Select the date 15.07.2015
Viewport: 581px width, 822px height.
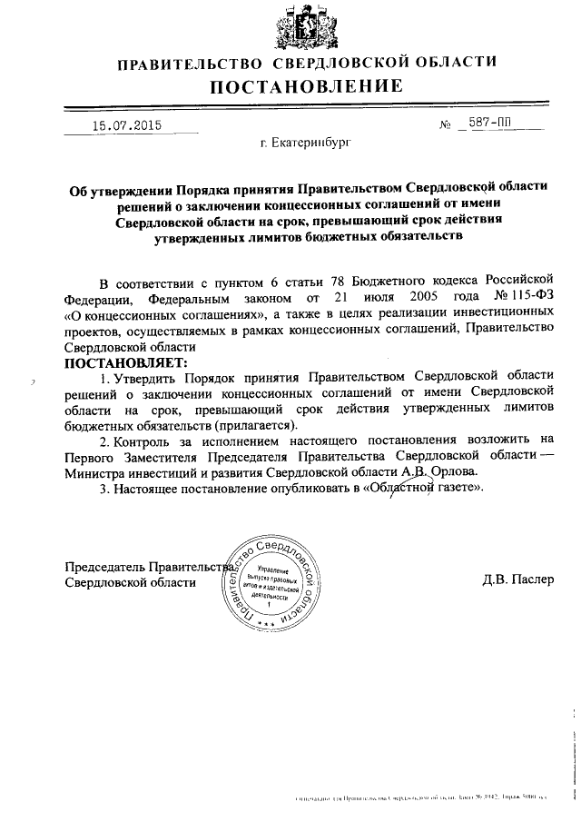tap(125, 127)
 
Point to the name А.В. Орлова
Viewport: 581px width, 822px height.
tap(438, 472)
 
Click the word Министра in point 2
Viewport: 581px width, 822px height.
tap(99, 473)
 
